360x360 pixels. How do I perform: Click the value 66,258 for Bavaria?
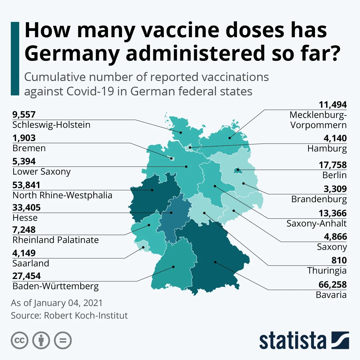(332, 284)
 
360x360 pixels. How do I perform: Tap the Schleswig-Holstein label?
(51, 125)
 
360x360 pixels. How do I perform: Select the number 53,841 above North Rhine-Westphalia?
(26, 185)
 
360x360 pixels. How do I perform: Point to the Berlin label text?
(334, 175)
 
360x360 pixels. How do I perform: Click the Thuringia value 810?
(339, 260)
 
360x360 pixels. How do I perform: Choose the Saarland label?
(31, 263)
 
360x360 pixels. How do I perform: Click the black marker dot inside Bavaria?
(215, 262)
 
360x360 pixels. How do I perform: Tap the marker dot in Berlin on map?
(238, 170)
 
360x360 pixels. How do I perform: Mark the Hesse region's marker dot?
(171, 213)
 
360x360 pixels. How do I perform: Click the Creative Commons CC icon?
(19, 340)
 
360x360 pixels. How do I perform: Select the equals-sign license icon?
(63, 340)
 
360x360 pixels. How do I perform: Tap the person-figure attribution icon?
(41, 340)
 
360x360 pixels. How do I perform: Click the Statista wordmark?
(292, 341)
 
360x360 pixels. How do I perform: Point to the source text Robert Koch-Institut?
(85, 316)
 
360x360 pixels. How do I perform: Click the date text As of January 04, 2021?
(57, 303)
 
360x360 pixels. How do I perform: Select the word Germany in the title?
(72, 53)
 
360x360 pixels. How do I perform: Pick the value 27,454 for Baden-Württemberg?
(26, 276)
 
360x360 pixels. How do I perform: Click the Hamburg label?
(327, 148)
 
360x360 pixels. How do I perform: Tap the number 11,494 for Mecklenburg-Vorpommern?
(332, 105)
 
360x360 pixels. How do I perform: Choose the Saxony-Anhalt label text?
(316, 223)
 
